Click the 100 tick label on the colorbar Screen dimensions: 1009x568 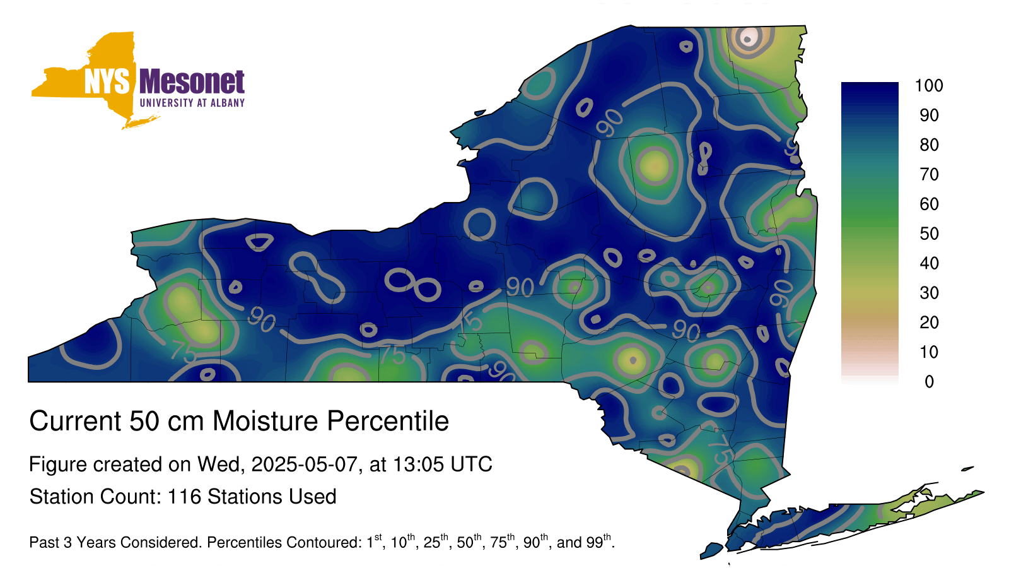pyautogui.click(x=929, y=85)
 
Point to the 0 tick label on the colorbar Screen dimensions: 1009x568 pyautogui.click(x=929, y=382)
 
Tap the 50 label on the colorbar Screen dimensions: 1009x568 pyautogui.click(x=929, y=234)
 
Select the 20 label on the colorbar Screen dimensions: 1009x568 pyautogui.click(x=929, y=322)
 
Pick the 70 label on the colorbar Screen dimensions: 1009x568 pyautogui.click(x=929, y=174)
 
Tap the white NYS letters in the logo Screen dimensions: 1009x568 pyautogui.click(x=107, y=81)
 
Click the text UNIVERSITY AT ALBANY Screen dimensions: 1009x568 pyautogui.click(x=192, y=103)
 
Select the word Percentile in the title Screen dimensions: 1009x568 pyautogui.click(x=388, y=421)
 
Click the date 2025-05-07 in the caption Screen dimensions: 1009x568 pyautogui.click(x=304, y=464)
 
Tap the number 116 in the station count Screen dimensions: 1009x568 pyautogui.click(x=184, y=497)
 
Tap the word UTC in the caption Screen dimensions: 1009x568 pyautogui.click(x=470, y=464)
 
